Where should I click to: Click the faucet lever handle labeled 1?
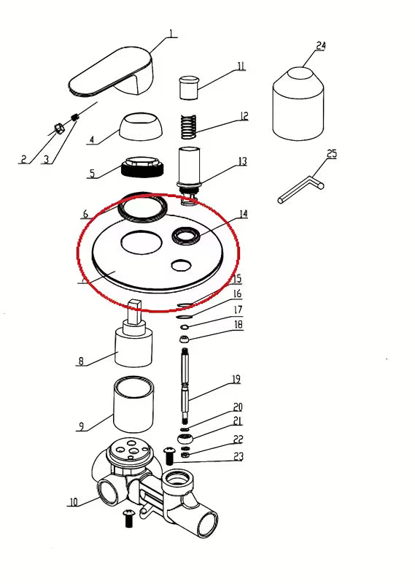pyautogui.click(x=112, y=72)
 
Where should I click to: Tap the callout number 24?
pyautogui.click(x=321, y=46)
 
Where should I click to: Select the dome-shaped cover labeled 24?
pyautogui.click(x=298, y=104)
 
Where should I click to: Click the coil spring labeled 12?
pyautogui.click(x=189, y=126)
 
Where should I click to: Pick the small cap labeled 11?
pyautogui.click(x=189, y=88)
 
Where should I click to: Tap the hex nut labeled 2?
pyautogui.click(x=58, y=129)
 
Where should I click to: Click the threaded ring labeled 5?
pyautogui.click(x=142, y=167)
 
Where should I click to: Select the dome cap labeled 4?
pyautogui.click(x=141, y=127)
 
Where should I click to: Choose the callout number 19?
pyautogui.click(x=236, y=380)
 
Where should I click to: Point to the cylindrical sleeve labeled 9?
pyautogui.click(x=133, y=404)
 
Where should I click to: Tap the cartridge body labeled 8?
pyautogui.click(x=133, y=334)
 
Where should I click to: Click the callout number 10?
pyautogui.click(x=74, y=502)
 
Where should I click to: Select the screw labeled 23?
pyautogui.click(x=169, y=456)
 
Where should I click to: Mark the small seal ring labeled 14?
pyautogui.click(x=186, y=236)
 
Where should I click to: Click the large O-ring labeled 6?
pyautogui.click(x=142, y=207)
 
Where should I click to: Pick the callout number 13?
pyautogui.click(x=243, y=161)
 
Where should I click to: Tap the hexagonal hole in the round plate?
pyautogui.click(x=182, y=265)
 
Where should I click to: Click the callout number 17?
pyautogui.click(x=238, y=310)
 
